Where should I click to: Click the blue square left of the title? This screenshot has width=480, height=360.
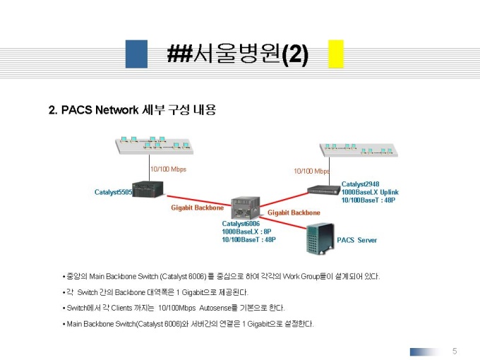(136, 54)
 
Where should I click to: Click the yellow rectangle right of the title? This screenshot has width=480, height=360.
(336, 54)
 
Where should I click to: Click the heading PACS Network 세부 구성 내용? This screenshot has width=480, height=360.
(131, 110)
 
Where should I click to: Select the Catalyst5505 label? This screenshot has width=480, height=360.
(113, 192)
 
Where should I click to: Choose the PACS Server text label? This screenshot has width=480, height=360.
(356, 240)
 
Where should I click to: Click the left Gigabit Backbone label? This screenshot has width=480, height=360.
(198, 208)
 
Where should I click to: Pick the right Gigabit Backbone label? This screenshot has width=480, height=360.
(294, 212)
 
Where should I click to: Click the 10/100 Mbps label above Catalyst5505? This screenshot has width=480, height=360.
(168, 169)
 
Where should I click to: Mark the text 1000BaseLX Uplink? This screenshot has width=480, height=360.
(370, 192)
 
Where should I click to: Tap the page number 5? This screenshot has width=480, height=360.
(455, 351)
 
